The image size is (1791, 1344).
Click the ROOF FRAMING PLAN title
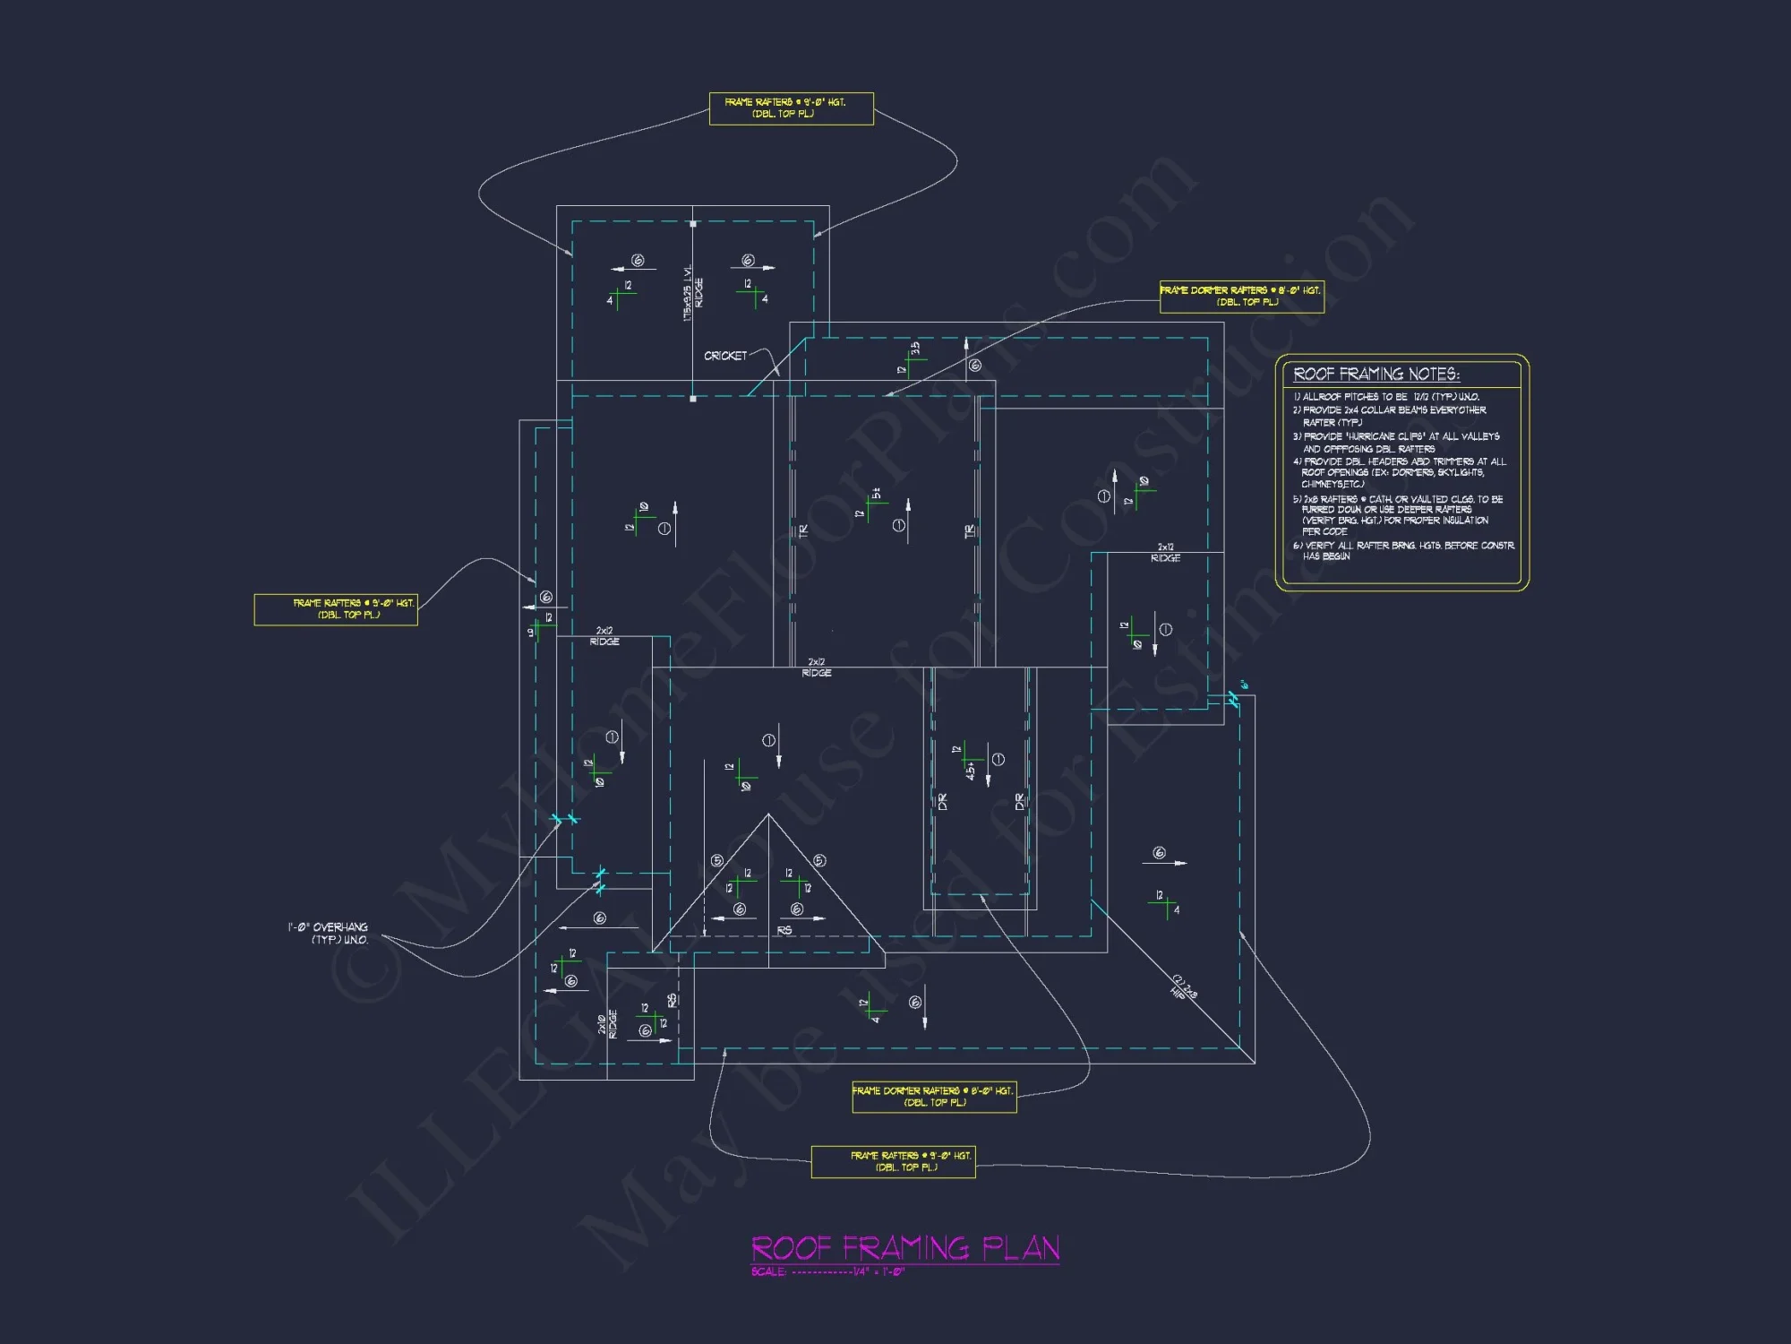pos(904,1247)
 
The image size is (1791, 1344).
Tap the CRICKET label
pos(724,356)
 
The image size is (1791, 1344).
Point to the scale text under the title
pos(827,1272)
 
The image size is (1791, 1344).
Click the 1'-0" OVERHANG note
pos(329,933)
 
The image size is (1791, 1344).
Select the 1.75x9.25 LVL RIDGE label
pos(692,293)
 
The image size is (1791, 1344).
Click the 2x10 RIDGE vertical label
pos(608,1023)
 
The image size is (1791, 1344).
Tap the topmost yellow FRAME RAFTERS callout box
pos(791,108)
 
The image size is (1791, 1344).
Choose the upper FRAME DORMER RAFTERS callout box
pos(1241,297)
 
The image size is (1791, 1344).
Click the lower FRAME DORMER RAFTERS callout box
pos(934,1097)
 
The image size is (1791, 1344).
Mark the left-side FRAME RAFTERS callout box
pos(336,609)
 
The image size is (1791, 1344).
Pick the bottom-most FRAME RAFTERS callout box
pos(893,1161)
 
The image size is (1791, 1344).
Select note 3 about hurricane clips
pos(1395,443)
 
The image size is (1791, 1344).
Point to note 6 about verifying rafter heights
pos(1402,551)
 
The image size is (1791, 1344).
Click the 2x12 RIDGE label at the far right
pos(1165,553)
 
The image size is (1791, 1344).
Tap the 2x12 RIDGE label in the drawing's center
pos(816,668)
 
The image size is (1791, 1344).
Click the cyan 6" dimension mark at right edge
pos(1243,685)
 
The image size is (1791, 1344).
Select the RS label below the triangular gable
pos(784,931)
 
